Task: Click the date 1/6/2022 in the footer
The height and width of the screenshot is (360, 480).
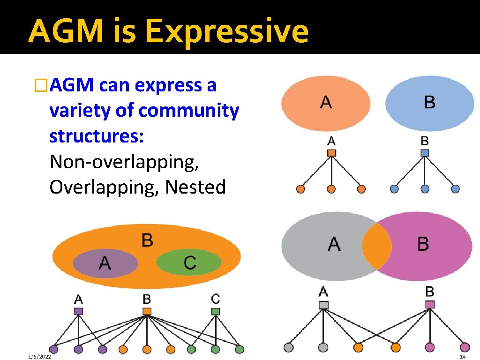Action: point(39,357)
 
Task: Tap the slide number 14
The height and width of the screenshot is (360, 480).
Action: point(462,357)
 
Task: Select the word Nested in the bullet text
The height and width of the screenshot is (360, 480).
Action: point(195,187)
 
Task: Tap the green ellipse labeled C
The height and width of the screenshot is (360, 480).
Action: point(189,262)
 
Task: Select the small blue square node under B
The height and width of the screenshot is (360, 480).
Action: point(425,152)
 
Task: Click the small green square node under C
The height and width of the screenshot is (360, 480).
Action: point(216,311)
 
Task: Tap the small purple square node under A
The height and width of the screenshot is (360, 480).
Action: point(78,311)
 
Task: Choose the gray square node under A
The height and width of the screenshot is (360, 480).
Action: point(323,305)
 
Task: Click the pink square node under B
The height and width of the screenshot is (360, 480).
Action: point(430,305)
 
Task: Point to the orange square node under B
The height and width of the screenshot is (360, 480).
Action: point(147,311)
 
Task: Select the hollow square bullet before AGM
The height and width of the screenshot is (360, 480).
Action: point(41,86)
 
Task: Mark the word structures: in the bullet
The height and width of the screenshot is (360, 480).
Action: point(97,136)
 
